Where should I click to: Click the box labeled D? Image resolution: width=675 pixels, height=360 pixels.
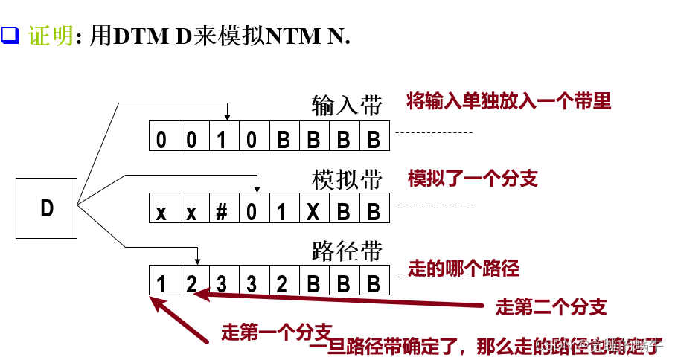click(x=47, y=208)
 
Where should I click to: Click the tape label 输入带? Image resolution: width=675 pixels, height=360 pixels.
click(x=346, y=106)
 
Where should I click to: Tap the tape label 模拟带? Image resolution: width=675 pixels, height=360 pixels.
click(x=346, y=180)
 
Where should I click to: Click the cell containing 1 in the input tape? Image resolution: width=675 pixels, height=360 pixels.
click(x=222, y=139)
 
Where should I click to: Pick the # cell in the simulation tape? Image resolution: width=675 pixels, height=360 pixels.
click(x=221, y=211)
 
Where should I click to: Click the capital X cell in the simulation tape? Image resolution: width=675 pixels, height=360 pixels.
click(x=313, y=211)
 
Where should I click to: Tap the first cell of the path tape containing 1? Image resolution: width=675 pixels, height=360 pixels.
click(x=161, y=283)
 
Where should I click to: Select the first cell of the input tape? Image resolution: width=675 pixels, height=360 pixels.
click(x=161, y=139)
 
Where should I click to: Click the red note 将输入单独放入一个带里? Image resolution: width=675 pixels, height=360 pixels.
click(x=508, y=102)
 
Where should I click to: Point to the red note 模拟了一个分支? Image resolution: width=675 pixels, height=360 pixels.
click(x=472, y=179)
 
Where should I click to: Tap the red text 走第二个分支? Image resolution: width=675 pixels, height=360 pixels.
click(x=550, y=306)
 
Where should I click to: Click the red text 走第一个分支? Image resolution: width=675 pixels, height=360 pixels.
click(x=276, y=332)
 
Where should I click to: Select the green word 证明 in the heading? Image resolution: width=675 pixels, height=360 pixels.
click(x=51, y=36)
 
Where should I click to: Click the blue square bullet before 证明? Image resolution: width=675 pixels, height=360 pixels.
click(x=10, y=35)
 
